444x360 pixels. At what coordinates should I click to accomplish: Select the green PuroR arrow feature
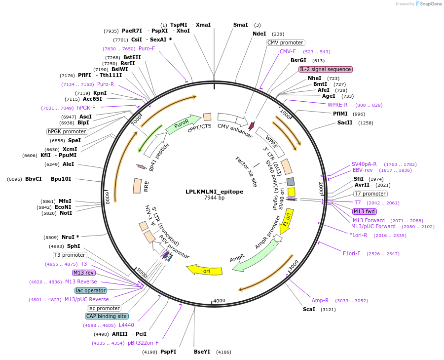(x=183, y=124)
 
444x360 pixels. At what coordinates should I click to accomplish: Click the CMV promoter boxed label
(x=285, y=42)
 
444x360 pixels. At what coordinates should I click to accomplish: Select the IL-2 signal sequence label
(x=325, y=69)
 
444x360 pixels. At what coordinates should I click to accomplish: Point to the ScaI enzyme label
(x=309, y=309)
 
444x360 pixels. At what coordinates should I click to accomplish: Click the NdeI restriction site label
(x=259, y=34)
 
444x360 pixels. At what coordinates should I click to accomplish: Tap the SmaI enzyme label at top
(x=240, y=25)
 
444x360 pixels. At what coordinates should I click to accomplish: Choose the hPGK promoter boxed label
(x=67, y=131)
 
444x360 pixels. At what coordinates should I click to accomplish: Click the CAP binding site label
(x=107, y=316)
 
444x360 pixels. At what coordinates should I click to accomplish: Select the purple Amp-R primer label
(x=320, y=300)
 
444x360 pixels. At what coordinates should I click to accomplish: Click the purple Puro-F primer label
(x=147, y=48)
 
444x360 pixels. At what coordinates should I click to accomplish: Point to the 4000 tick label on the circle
(x=219, y=300)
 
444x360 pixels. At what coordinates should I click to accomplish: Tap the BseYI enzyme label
(x=202, y=352)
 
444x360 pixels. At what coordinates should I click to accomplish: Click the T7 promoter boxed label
(x=370, y=194)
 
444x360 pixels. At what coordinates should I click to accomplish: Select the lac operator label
(x=91, y=290)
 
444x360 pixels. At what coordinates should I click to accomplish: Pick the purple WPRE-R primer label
(x=337, y=105)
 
